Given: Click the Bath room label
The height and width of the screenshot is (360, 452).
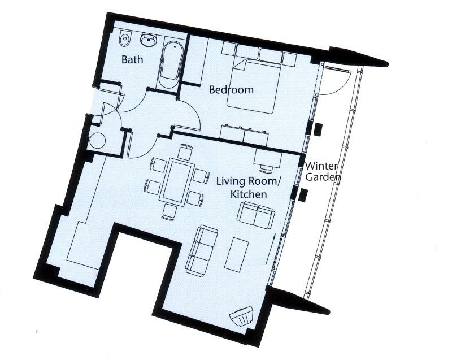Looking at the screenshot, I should pos(132,59).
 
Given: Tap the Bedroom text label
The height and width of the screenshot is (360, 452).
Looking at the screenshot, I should pos(231,89).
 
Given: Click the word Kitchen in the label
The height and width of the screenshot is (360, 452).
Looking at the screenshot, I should pos(248,194).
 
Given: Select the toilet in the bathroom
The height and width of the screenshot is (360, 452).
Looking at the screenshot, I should pos(125,39).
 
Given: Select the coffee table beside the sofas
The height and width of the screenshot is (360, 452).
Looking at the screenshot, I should pos(237,254).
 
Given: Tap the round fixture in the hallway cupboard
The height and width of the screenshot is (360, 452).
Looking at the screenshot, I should pos(98,140).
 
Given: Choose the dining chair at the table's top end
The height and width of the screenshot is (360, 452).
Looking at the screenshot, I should pos(184,153).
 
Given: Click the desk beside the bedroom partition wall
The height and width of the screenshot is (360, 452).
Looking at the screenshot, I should pos(268,158).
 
